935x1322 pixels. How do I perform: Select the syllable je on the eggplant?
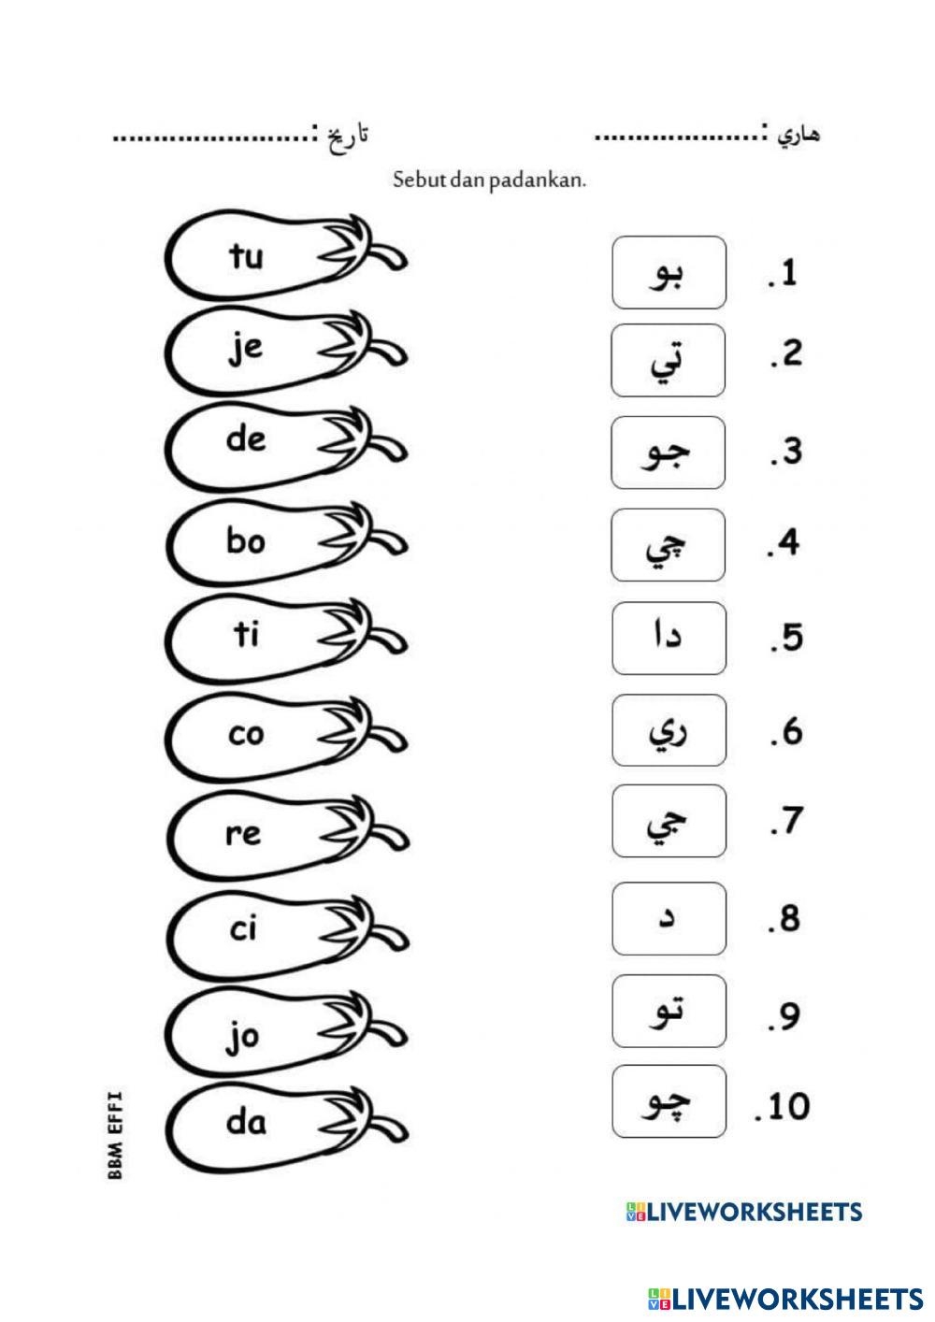[246, 350]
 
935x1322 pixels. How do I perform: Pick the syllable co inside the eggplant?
[246, 734]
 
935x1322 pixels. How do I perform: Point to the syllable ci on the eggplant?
[243, 929]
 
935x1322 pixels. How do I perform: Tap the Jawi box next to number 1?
[669, 272]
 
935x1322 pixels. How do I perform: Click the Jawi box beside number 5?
[669, 639]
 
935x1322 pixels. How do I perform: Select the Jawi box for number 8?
[669, 918]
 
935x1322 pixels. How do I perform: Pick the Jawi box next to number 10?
[669, 1101]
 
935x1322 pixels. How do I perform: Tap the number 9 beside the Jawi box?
[789, 1015]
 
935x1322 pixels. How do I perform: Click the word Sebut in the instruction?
[419, 180]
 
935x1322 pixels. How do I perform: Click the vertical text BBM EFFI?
[116, 1134]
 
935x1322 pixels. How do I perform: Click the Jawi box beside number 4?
[669, 545]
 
